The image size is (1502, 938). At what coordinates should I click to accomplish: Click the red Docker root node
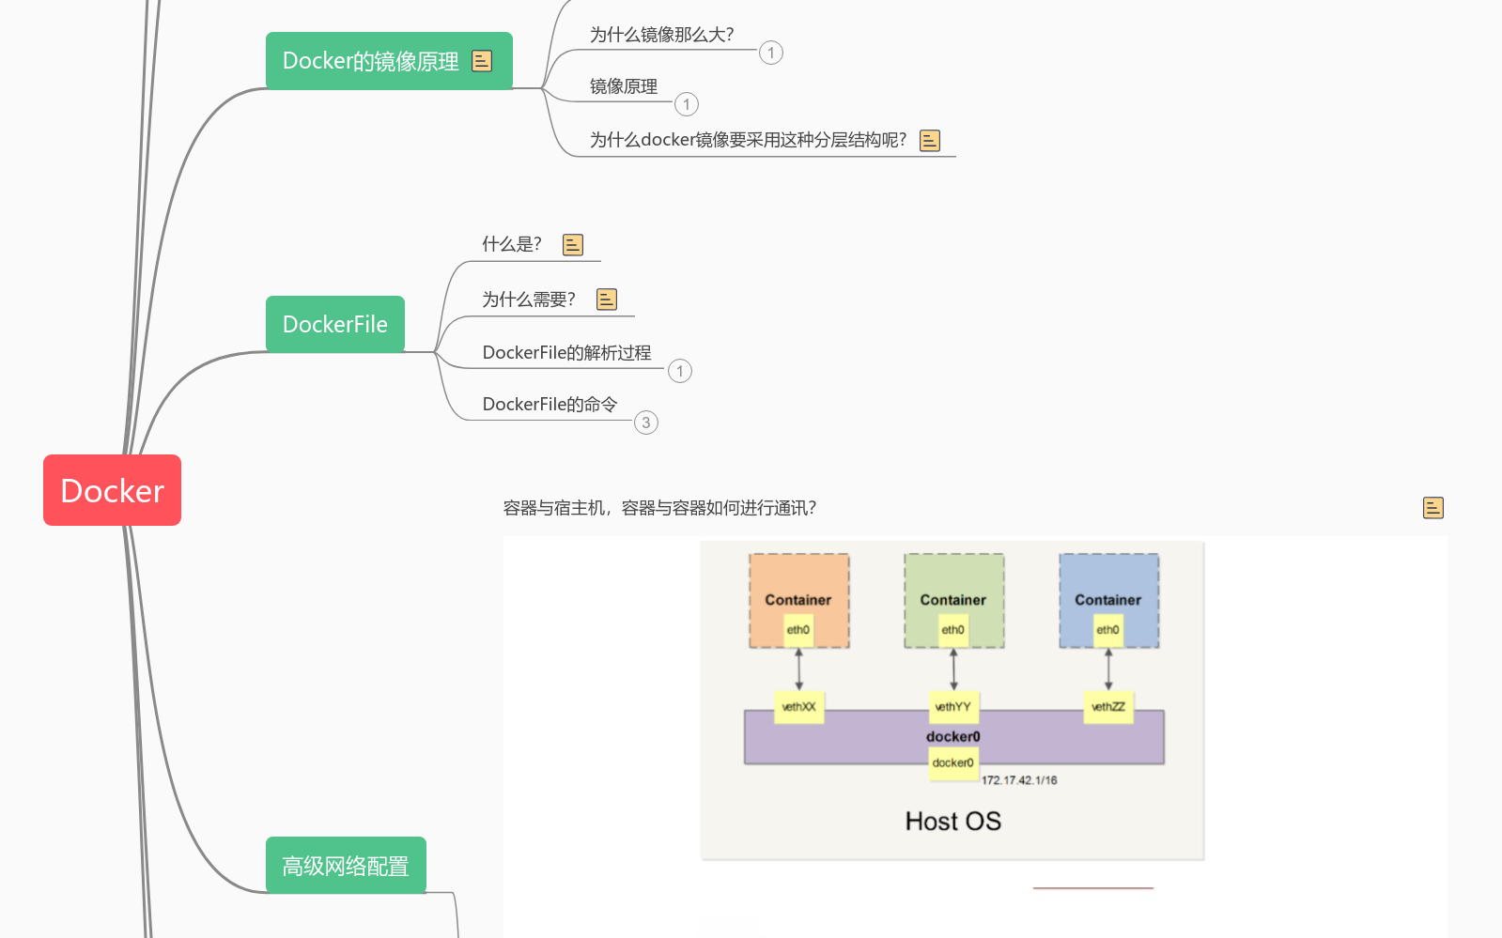coord(112,490)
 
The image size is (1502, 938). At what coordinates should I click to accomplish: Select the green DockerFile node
coord(334,324)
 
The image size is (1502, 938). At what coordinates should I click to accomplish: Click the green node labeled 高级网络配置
coord(346,865)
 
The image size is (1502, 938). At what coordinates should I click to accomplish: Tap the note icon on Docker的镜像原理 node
coord(482,61)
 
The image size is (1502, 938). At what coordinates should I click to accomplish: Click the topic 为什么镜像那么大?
coord(661,35)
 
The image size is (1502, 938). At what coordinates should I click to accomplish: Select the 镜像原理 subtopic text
coord(624,86)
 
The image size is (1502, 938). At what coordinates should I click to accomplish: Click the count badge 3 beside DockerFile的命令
coord(646,423)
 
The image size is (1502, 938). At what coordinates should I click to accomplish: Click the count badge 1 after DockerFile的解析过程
coord(680,371)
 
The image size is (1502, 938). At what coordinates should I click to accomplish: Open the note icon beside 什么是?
coord(573,245)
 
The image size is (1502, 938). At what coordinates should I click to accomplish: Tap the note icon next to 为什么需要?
coord(607,300)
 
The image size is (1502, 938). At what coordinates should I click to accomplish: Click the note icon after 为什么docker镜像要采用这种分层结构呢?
coord(930,141)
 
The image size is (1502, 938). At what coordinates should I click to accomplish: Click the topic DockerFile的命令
coord(550,405)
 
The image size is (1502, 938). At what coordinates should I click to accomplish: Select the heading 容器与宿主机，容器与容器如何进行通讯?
coord(659,508)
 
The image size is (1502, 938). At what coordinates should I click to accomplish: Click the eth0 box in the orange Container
coord(798,630)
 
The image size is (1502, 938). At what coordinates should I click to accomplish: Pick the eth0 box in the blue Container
coord(1107,630)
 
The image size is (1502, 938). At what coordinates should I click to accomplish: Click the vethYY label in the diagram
coord(952,707)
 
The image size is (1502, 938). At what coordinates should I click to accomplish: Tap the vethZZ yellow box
coord(1107,707)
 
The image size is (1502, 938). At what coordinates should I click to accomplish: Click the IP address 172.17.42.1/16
coord(1019,780)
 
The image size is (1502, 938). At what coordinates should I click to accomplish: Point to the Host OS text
coord(952,822)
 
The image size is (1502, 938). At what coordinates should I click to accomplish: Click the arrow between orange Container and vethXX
coord(799,669)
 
